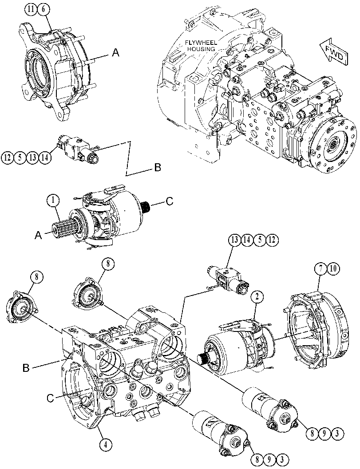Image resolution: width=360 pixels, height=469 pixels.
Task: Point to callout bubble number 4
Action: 105,445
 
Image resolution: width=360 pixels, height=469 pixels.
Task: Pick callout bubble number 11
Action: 31,10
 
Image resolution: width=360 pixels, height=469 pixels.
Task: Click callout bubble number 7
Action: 320,269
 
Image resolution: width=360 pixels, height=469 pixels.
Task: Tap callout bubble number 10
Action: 333,269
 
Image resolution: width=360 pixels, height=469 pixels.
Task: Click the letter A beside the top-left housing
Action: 115,53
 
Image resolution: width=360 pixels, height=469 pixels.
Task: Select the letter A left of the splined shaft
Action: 38,235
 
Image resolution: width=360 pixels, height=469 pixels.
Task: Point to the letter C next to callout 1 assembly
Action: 169,201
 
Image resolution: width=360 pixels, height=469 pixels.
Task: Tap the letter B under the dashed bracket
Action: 158,168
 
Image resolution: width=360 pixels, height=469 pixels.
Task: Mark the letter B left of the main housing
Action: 26,368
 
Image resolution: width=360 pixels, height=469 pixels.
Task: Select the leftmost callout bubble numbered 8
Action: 36,277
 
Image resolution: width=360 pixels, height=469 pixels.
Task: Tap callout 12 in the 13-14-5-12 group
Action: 272,240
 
